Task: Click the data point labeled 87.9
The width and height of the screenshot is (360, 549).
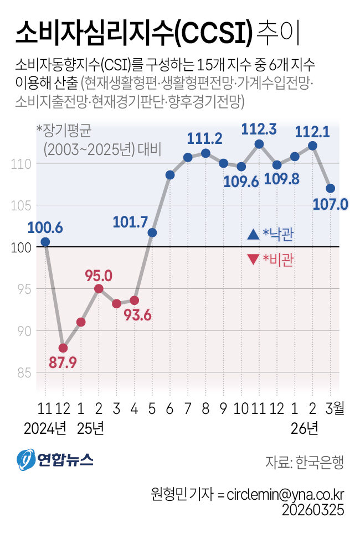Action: click(x=63, y=348)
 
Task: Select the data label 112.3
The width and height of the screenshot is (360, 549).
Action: click(x=259, y=130)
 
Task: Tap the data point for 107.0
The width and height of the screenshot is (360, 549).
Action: click(x=330, y=189)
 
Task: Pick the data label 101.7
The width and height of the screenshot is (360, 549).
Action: click(x=130, y=222)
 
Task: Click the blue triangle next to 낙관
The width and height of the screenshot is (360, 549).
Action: click(x=253, y=235)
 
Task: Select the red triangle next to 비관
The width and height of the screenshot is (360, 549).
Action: click(x=253, y=259)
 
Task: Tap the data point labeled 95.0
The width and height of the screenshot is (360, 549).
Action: click(x=99, y=288)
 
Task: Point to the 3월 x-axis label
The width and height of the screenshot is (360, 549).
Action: click(x=335, y=410)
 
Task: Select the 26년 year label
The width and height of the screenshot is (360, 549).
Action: click(x=304, y=428)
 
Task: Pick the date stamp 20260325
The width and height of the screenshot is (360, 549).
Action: click(x=313, y=509)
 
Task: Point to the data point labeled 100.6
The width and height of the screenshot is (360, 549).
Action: click(x=45, y=242)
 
